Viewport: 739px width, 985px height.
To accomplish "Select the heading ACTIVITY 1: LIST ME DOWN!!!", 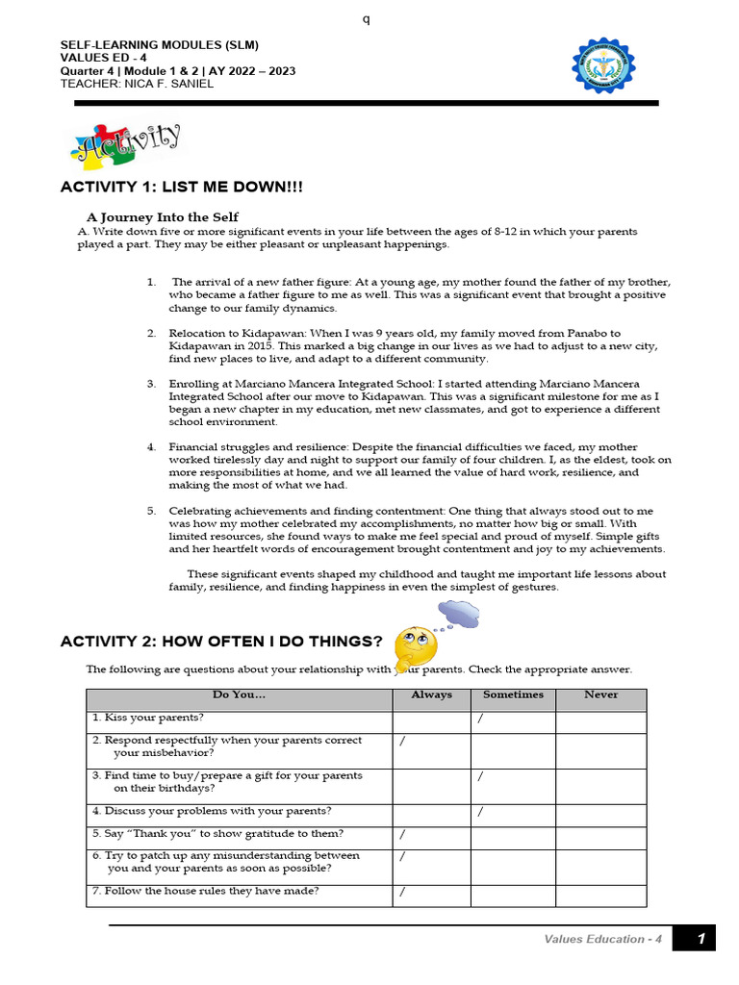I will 181,187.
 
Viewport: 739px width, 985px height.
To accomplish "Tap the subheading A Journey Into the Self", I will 163,216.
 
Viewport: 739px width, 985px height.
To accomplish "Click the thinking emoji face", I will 416,647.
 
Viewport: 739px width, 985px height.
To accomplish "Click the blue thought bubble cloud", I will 459,613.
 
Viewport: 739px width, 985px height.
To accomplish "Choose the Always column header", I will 431,695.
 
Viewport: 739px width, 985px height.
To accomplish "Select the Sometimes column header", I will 513,695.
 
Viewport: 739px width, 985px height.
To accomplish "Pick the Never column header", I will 600,695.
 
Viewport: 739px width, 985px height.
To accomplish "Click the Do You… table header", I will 239,695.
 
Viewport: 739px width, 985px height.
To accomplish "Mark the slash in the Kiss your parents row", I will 479,719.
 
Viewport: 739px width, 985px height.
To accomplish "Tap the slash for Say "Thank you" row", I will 402,834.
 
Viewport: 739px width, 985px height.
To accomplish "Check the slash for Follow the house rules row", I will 402,892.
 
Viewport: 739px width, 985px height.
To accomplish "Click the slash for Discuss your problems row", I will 479,812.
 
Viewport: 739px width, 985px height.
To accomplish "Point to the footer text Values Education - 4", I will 602,940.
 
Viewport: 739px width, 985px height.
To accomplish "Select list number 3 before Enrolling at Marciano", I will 151,384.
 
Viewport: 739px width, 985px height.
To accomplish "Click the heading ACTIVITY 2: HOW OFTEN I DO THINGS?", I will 221,642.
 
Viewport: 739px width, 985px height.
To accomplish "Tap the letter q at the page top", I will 366,20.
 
